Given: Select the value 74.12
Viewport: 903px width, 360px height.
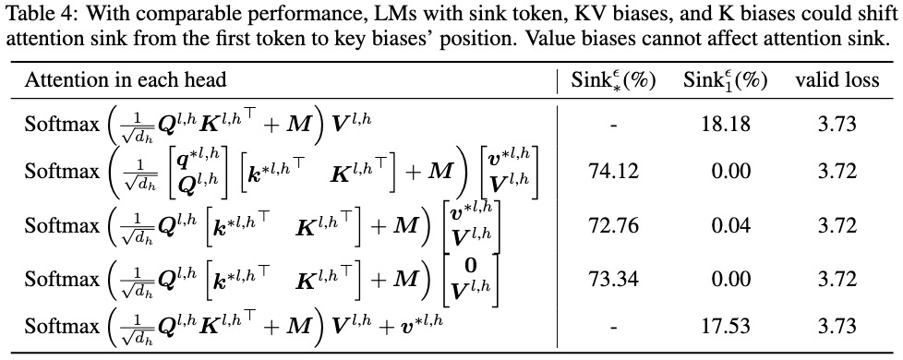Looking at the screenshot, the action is pos(613,171).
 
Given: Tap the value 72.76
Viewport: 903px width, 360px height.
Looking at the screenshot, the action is pos(613,225).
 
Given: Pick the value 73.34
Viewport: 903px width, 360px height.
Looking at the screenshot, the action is pos(613,280).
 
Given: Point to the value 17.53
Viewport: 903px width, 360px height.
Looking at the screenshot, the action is pos(726,327).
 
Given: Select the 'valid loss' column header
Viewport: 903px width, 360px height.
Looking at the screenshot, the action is pos(837,80).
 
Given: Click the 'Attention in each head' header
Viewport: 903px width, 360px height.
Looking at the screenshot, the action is pos(125,80).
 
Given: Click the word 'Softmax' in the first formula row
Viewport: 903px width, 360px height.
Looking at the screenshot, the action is pos(62,124).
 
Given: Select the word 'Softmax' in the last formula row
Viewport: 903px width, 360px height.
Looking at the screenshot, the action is pos(62,327).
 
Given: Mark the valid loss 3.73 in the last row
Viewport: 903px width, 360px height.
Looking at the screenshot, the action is pos(837,327).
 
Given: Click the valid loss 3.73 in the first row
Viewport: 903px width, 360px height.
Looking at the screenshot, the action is pos(837,124).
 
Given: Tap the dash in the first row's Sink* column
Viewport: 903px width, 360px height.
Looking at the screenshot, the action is pos(613,125).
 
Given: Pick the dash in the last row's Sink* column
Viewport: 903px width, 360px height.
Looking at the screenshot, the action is pos(613,329).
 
